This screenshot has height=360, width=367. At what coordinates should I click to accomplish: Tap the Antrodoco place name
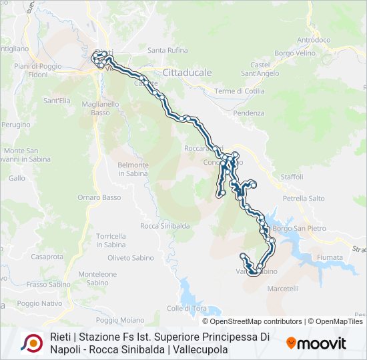click(x=313, y=40)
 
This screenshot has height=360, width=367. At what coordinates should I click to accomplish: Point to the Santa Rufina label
click(x=166, y=50)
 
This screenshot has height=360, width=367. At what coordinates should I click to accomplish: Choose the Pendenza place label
click(x=249, y=113)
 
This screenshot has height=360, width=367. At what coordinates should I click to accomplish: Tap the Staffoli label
click(x=292, y=177)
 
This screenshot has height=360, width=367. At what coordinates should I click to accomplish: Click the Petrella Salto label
click(x=304, y=198)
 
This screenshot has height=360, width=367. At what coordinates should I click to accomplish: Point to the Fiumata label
click(x=330, y=257)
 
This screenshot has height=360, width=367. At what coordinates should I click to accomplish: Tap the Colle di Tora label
click(x=187, y=308)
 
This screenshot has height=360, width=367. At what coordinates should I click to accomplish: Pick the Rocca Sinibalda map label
click(x=165, y=226)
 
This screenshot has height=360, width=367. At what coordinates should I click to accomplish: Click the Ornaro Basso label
click(x=99, y=197)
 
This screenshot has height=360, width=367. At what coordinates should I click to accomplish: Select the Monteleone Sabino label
click(x=97, y=278)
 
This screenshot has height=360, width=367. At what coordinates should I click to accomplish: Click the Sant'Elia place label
click(x=57, y=101)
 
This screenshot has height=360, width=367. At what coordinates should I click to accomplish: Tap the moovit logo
click(x=316, y=343)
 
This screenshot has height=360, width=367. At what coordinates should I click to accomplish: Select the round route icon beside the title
click(x=31, y=343)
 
